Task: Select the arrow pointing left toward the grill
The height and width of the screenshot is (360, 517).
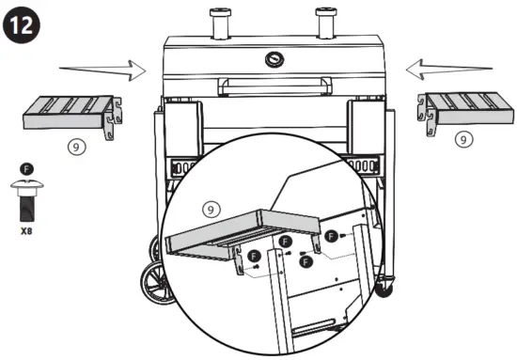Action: (x=450, y=67)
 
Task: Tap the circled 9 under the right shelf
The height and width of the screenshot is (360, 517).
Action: (x=462, y=138)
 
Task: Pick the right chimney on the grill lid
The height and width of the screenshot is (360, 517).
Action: (x=328, y=20)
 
